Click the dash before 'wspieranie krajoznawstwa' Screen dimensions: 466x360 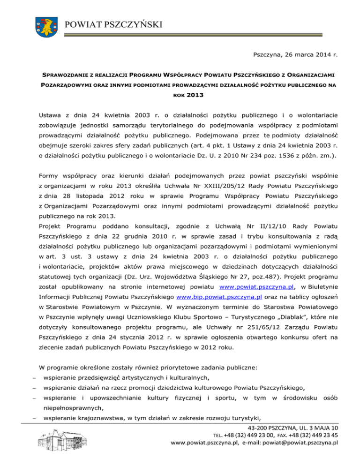(30, 419)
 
